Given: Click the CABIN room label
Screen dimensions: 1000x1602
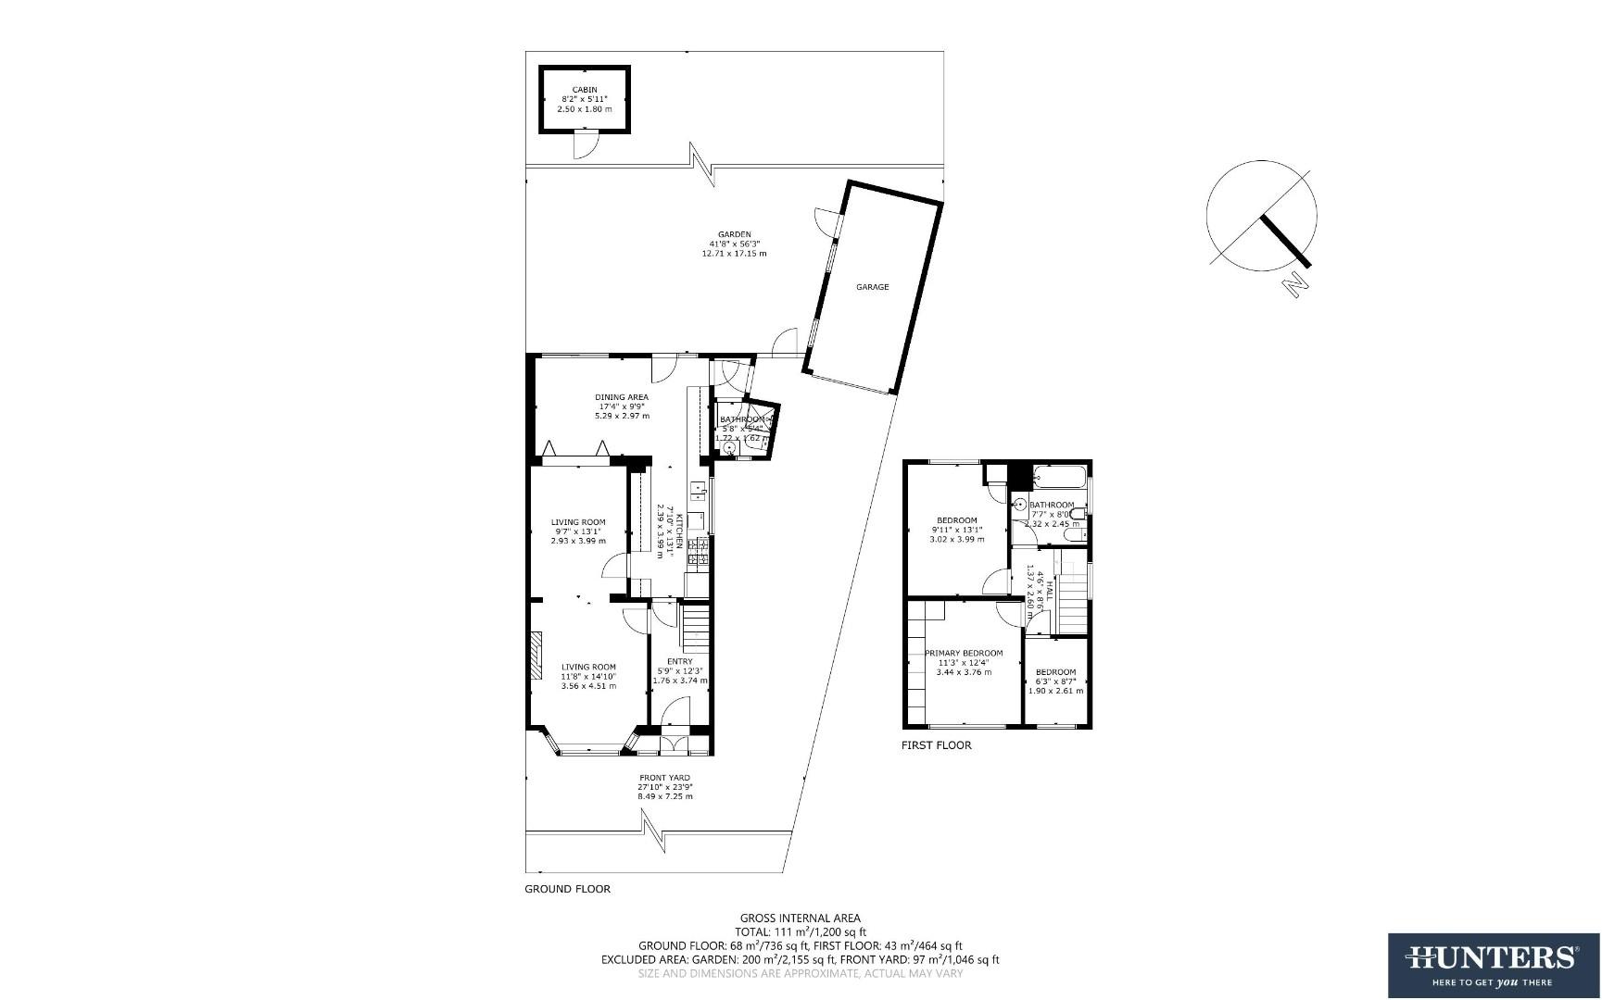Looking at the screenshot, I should pyautogui.click(x=584, y=90).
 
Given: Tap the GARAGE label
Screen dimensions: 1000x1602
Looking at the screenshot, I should pyautogui.click(x=872, y=287).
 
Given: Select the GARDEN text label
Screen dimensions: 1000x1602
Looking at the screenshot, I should pyautogui.click(x=734, y=234).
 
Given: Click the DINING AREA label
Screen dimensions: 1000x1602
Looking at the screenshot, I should pyautogui.click(x=621, y=397).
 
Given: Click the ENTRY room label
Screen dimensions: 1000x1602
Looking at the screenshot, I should pyautogui.click(x=679, y=661).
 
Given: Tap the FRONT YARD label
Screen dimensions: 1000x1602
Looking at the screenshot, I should pyautogui.click(x=664, y=778).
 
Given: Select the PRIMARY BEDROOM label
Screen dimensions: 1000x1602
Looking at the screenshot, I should pyautogui.click(x=964, y=653).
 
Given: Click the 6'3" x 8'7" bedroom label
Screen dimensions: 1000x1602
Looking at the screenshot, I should pyautogui.click(x=1055, y=681).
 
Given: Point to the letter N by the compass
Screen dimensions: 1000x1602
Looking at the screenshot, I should pyautogui.click(x=1295, y=286).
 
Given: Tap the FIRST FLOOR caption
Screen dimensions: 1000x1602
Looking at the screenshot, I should pyautogui.click(x=936, y=745).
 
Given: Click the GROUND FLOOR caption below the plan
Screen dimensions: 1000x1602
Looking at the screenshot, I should pyautogui.click(x=567, y=889).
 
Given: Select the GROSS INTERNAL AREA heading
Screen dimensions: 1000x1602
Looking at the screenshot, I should pyautogui.click(x=800, y=919).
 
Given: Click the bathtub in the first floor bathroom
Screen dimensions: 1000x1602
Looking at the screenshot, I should pyautogui.click(x=1061, y=479).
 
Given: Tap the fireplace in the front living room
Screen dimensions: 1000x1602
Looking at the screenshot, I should pyautogui.click(x=536, y=656).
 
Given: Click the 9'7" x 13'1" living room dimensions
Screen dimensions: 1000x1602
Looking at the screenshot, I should pyautogui.click(x=577, y=531).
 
